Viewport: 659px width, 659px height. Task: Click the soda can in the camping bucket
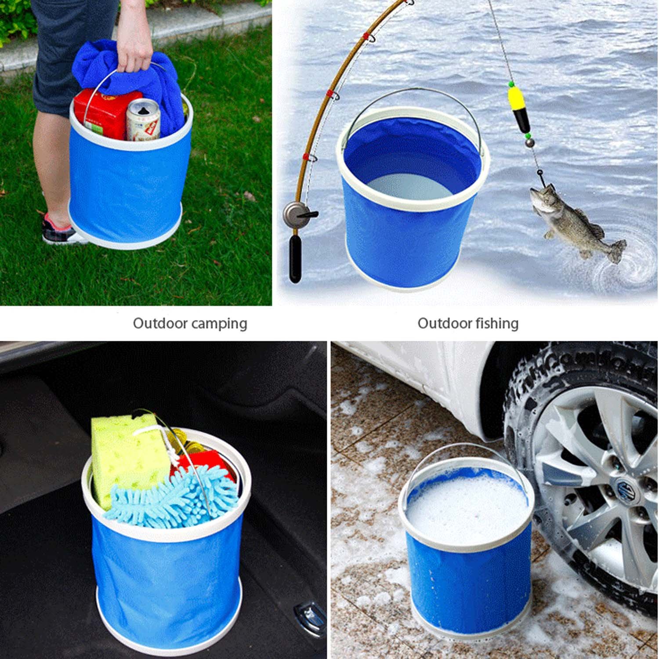pyautogui.click(x=143, y=119)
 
